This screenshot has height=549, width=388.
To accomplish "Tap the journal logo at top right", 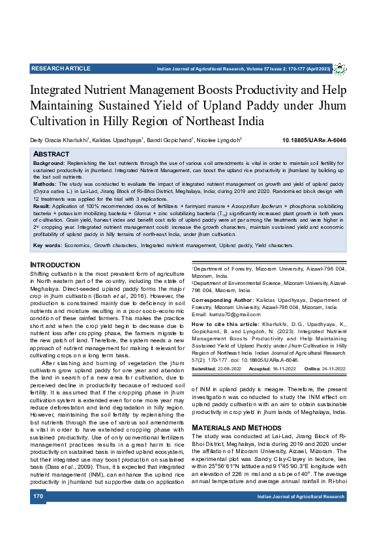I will click(x=340, y=68).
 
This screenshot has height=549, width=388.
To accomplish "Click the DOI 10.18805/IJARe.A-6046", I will click(x=314, y=140).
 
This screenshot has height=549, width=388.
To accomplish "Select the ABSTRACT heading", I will click(x=51, y=153).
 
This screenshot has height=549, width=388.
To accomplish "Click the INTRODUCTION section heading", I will click(x=55, y=265).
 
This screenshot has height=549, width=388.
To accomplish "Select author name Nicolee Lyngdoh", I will click(x=220, y=140).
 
